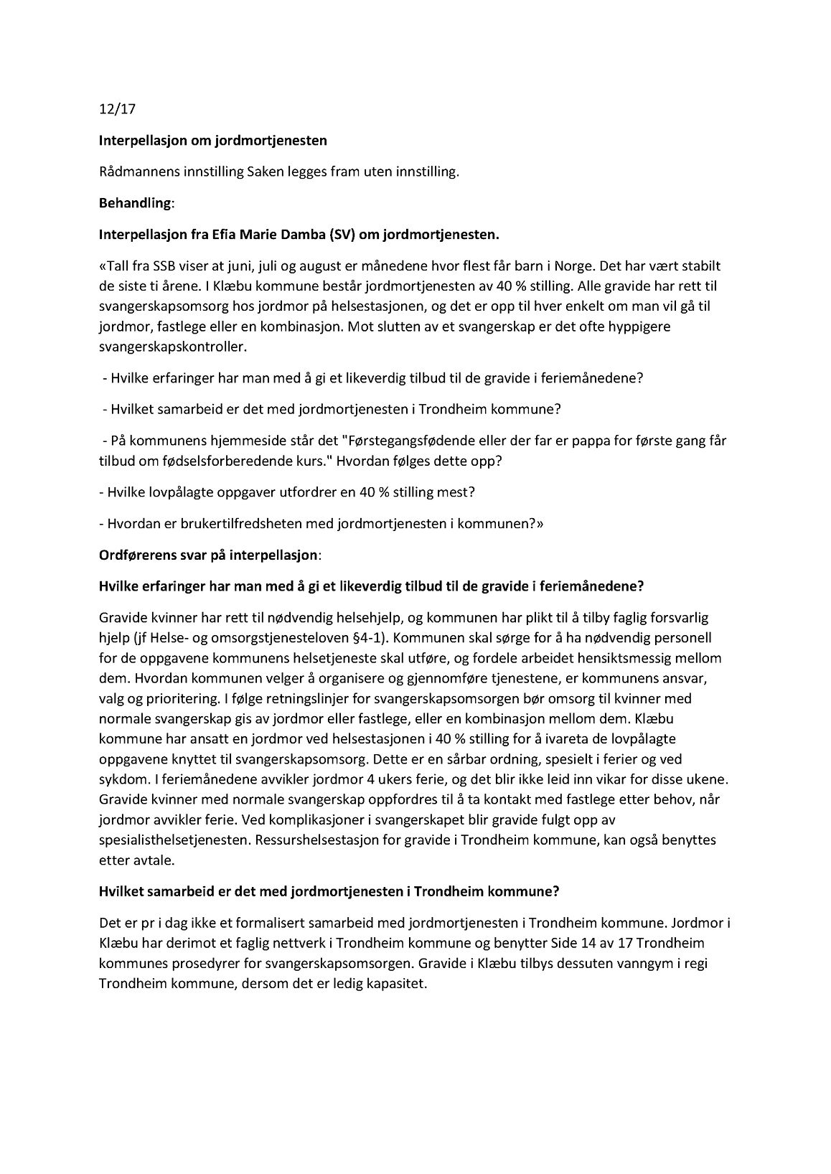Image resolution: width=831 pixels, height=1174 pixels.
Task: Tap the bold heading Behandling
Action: pos(136,202)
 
